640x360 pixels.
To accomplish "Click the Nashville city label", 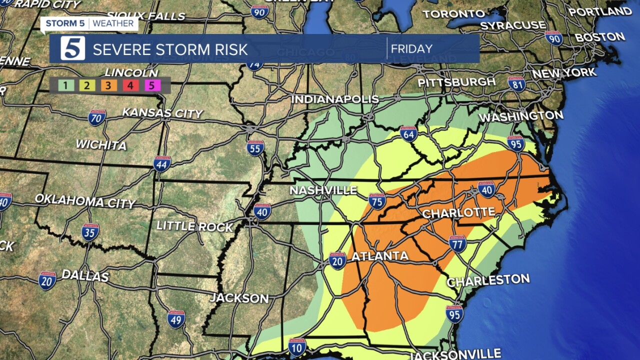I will pos(323,190).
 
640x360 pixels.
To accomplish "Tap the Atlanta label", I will pos(380,256).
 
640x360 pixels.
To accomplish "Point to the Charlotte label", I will pos(458,213).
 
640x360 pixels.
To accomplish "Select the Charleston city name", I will pos(488,280).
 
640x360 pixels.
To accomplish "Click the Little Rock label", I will pos(194,226).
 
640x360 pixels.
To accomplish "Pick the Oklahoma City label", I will pos(85,201).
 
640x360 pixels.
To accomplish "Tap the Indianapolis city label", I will pos(335,99).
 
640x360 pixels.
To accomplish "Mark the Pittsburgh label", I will pos(456,82).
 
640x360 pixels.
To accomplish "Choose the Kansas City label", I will pos(162,112).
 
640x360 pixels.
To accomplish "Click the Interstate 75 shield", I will pos(377,201).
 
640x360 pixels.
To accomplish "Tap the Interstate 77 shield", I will pos(457,243).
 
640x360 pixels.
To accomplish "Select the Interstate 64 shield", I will pos(408,133).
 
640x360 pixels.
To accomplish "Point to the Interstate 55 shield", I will pos(255,148).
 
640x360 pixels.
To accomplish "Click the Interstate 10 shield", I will pos(297,346).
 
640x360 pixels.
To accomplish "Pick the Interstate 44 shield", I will pos(162,163).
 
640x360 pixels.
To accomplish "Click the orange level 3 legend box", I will pos(108,85).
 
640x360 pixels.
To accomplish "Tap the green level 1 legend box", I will pos(65,85).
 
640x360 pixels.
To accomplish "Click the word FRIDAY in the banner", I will pos(411,49).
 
